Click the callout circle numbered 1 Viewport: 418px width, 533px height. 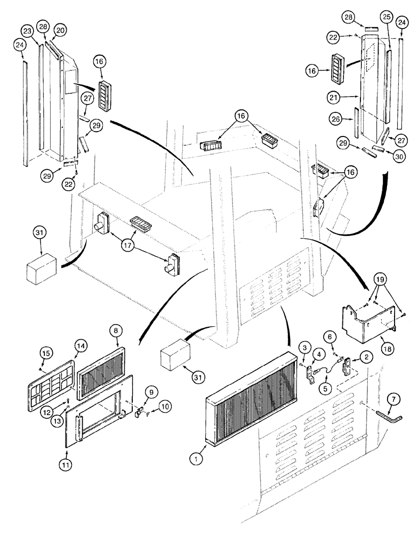coord(196,458)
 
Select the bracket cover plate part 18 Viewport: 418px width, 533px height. coord(368,320)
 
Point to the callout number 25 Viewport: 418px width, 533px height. coord(387,18)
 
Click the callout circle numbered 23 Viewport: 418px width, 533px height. coord(28,31)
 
